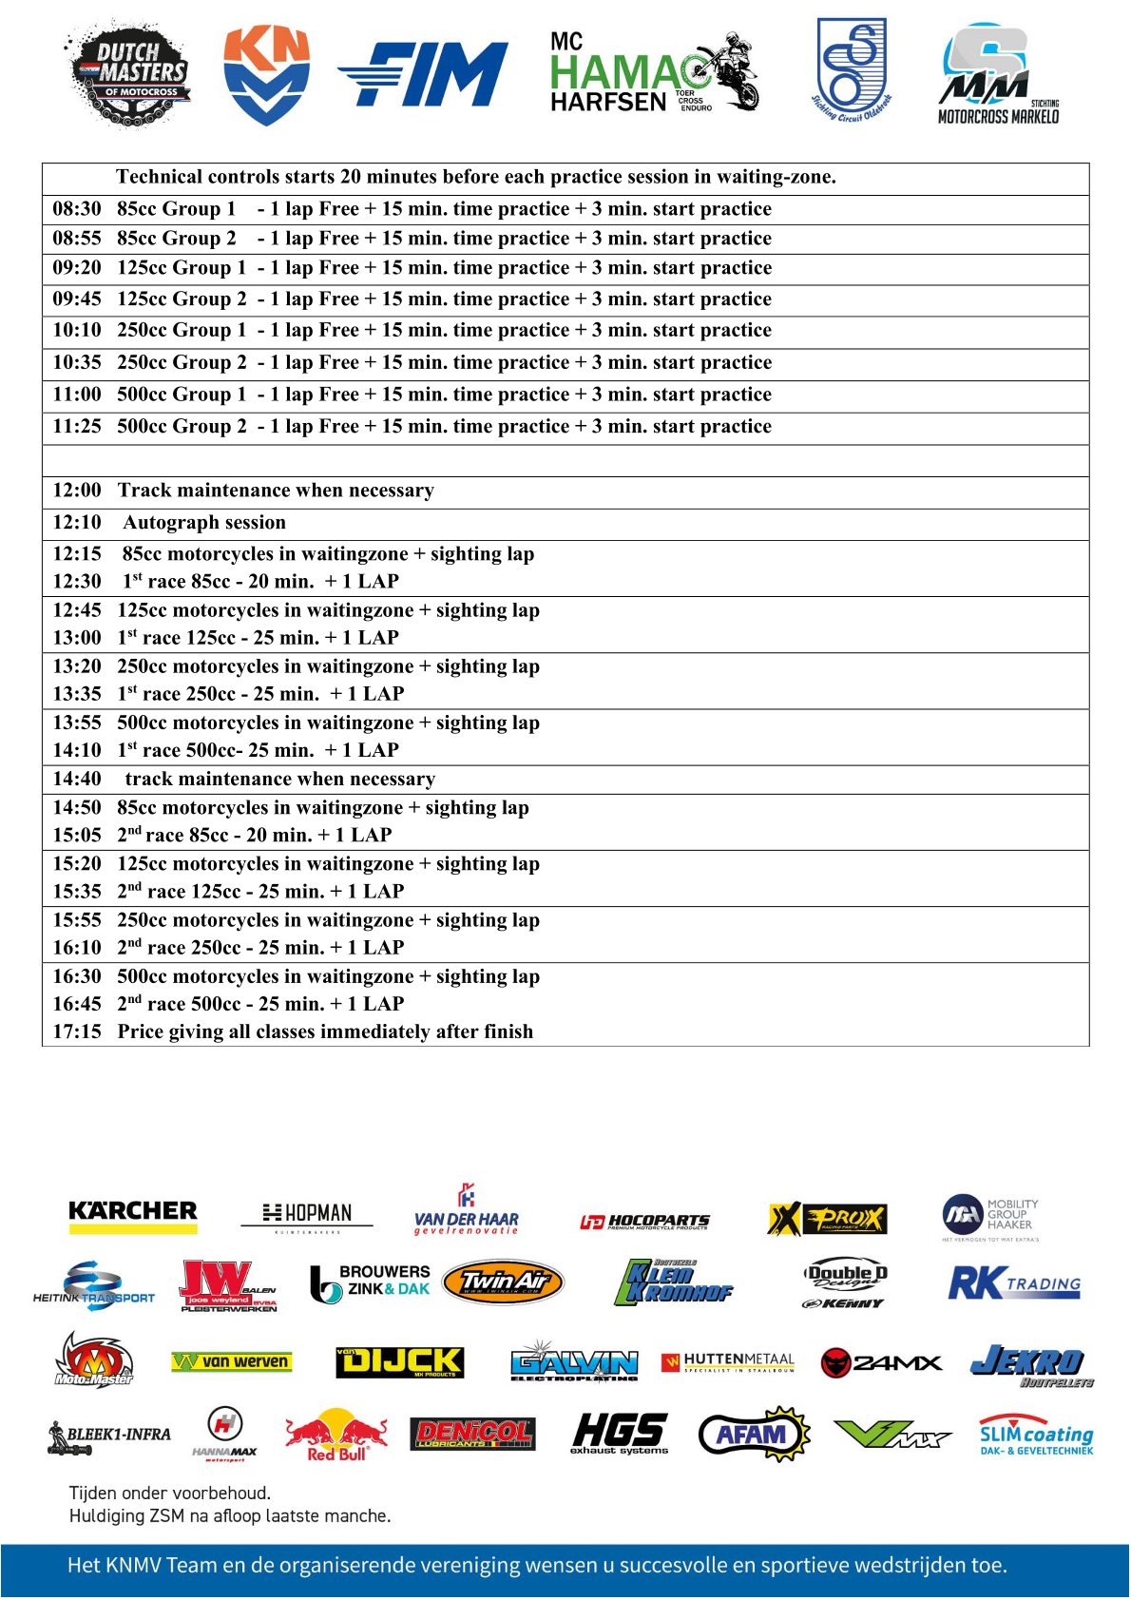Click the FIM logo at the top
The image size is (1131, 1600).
click(424, 74)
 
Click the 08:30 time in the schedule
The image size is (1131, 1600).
click(77, 209)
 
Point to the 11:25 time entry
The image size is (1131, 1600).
click(77, 427)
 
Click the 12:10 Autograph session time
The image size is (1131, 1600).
click(77, 523)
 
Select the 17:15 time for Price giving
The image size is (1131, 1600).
click(77, 1032)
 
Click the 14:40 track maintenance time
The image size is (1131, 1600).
click(77, 780)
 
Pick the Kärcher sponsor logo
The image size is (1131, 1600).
click(133, 1215)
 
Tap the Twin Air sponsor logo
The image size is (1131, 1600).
click(503, 1283)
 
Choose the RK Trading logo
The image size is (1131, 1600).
click(1014, 1284)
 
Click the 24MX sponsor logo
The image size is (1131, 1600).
click(881, 1363)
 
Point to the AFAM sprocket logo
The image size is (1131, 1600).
click(754, 1434)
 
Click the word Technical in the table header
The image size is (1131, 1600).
click(159, 177)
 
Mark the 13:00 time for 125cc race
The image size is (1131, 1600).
click(77, 638)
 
